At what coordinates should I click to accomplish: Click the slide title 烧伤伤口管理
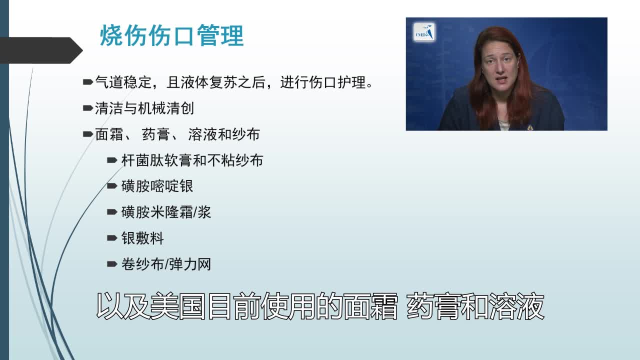[171, 36]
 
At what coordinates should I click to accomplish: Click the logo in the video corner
[425, 32]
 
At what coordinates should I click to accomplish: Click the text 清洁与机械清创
[144, 108]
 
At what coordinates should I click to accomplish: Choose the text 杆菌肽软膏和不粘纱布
[192, 160]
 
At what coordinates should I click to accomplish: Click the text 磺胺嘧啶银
[157, 186]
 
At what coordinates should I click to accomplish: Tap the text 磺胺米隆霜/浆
[166, 212]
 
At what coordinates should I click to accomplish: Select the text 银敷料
[142, 238]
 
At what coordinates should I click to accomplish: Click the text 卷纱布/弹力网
[166, 264]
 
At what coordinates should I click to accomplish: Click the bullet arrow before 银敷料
[112, 238]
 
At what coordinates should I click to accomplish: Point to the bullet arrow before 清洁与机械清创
[87, 107]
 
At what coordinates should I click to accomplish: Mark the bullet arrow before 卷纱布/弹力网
[112, 264]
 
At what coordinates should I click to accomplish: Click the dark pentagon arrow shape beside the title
[40, 50]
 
